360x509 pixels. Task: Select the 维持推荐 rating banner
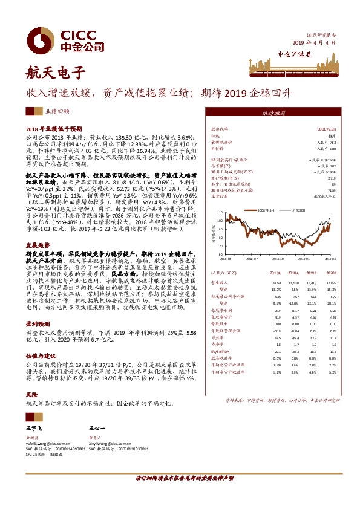[274, 113]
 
